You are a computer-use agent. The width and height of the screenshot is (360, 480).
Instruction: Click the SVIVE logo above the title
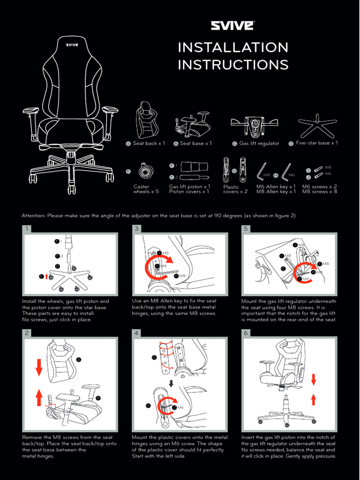(232, 25)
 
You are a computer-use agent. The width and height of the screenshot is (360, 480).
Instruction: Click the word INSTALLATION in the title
(233, 47)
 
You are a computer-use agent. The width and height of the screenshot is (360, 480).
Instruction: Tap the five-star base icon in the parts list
(318, 125)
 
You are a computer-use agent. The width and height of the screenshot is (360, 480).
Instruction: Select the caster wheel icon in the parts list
(146, 172)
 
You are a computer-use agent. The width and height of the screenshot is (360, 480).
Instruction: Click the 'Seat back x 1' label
(149, 143)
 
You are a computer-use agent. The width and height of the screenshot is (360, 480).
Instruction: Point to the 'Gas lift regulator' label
(259, 143)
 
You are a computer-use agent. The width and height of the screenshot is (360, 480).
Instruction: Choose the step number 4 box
(136, 333)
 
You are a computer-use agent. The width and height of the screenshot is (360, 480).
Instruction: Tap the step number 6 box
(246, 333)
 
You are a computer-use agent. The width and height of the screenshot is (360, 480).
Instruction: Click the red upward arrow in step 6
(313, 399)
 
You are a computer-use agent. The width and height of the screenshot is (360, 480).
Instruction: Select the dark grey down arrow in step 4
(172, 383)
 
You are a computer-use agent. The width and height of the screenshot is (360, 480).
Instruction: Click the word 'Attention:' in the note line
(33, 216)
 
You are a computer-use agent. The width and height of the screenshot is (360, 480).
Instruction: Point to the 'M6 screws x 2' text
(319, 186)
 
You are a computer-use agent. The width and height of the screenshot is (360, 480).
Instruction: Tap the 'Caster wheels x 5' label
(146, 189)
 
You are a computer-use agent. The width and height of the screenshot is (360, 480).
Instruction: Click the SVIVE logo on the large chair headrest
(71, 45)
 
